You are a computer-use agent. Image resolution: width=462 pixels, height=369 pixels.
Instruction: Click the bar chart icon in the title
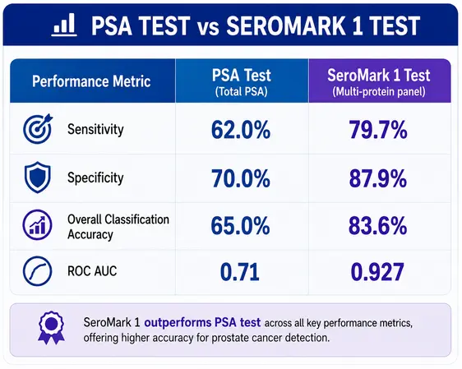click(64, 25)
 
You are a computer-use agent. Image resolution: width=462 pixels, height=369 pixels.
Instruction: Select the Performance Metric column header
click(91, 81)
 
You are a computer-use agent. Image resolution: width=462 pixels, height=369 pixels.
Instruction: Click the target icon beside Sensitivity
click(38, 128)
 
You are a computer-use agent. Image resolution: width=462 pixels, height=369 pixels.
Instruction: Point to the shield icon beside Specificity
click(38, 178)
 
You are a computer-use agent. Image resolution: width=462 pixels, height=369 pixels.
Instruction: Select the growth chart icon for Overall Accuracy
click(38, 225)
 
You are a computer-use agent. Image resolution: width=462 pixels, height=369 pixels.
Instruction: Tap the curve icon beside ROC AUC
click(38, 271)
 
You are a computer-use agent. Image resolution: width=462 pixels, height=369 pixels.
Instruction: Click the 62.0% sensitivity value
click(241, 130)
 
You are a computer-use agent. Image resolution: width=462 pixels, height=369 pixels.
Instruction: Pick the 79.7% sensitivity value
click(378, 130)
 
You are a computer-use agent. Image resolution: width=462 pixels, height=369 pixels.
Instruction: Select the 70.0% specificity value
click(241, 178)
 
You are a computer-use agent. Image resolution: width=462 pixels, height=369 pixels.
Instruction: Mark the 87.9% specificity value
click(378, 178)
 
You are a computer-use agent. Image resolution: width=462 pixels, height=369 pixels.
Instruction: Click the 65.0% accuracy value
click(240, 226)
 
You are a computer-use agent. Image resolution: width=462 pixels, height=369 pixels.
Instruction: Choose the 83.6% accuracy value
click(378, 226)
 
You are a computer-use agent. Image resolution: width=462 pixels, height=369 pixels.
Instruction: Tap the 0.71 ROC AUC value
click(240, 272)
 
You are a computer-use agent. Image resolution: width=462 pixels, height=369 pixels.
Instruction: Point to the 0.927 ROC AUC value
click(377, 272)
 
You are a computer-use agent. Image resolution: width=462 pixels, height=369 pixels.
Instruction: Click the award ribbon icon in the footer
click(51, 328)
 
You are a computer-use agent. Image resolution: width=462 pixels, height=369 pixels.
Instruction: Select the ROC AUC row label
click(92, 271)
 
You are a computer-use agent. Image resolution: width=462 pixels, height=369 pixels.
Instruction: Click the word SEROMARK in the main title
click(285, 25)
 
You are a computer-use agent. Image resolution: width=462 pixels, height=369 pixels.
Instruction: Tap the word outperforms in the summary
click(177, 322)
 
